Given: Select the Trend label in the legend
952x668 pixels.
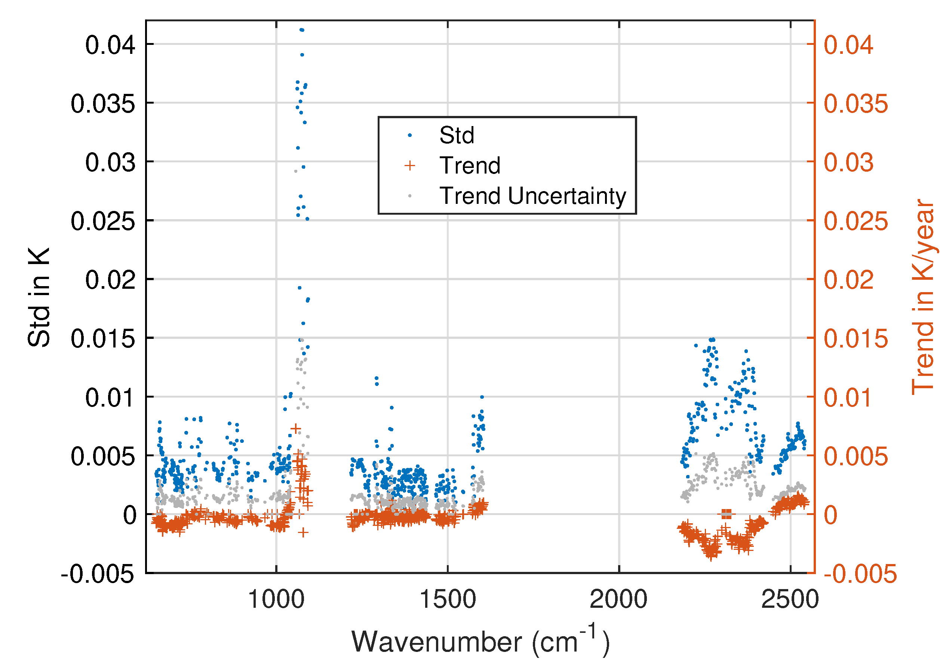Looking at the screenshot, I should tap(470, 165).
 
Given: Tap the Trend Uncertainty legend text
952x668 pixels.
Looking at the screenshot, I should tap(532, 196).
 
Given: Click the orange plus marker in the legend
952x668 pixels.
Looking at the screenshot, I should tap(410, 165).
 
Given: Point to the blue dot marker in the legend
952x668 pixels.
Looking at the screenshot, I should tap(410, 135).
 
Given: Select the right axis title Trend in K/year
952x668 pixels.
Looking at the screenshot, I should tap(923, 297).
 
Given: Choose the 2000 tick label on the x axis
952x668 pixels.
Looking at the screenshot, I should tap(618, 600).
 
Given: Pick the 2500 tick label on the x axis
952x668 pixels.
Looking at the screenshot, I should tap(789, 600).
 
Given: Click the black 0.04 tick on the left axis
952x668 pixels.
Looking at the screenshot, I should tap(110, 45).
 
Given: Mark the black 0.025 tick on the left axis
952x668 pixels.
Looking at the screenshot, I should tap(102, 221).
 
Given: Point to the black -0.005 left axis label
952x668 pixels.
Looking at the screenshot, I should tap(98, 574).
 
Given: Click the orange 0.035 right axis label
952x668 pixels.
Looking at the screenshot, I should tap(856, 103).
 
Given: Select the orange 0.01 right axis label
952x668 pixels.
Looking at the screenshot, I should tap(848, 398).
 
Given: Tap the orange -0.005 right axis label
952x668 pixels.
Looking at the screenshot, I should tap(860, 574).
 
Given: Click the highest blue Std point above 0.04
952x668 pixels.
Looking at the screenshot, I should tap(301, 30).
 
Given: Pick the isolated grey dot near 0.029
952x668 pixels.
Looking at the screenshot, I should tap(296, 171).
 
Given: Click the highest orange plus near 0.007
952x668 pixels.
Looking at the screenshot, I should tap(296, 428).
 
